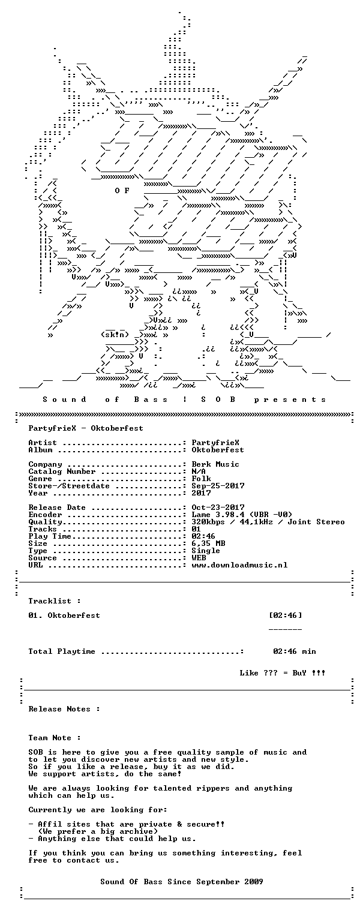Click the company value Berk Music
[215, 464]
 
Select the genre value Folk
[201, 479]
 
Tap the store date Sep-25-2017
[218, 486]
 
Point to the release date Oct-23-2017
[218, 507]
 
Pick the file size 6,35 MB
[209, 543]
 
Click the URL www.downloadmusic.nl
[240, 565]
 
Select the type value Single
[206, 551]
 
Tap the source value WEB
[199, 558]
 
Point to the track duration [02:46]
[286, 615]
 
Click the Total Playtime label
[62, 651]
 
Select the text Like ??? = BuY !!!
[283, 673]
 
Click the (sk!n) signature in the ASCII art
[115, 335]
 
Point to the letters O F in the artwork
[122, 190]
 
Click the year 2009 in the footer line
[254, 881]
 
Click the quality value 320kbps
[209, 522]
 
